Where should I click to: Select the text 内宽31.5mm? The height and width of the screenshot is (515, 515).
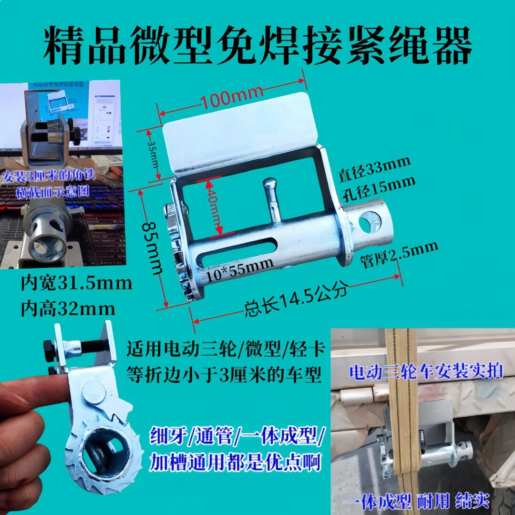76,284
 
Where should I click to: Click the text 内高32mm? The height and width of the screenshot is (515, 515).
67,309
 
